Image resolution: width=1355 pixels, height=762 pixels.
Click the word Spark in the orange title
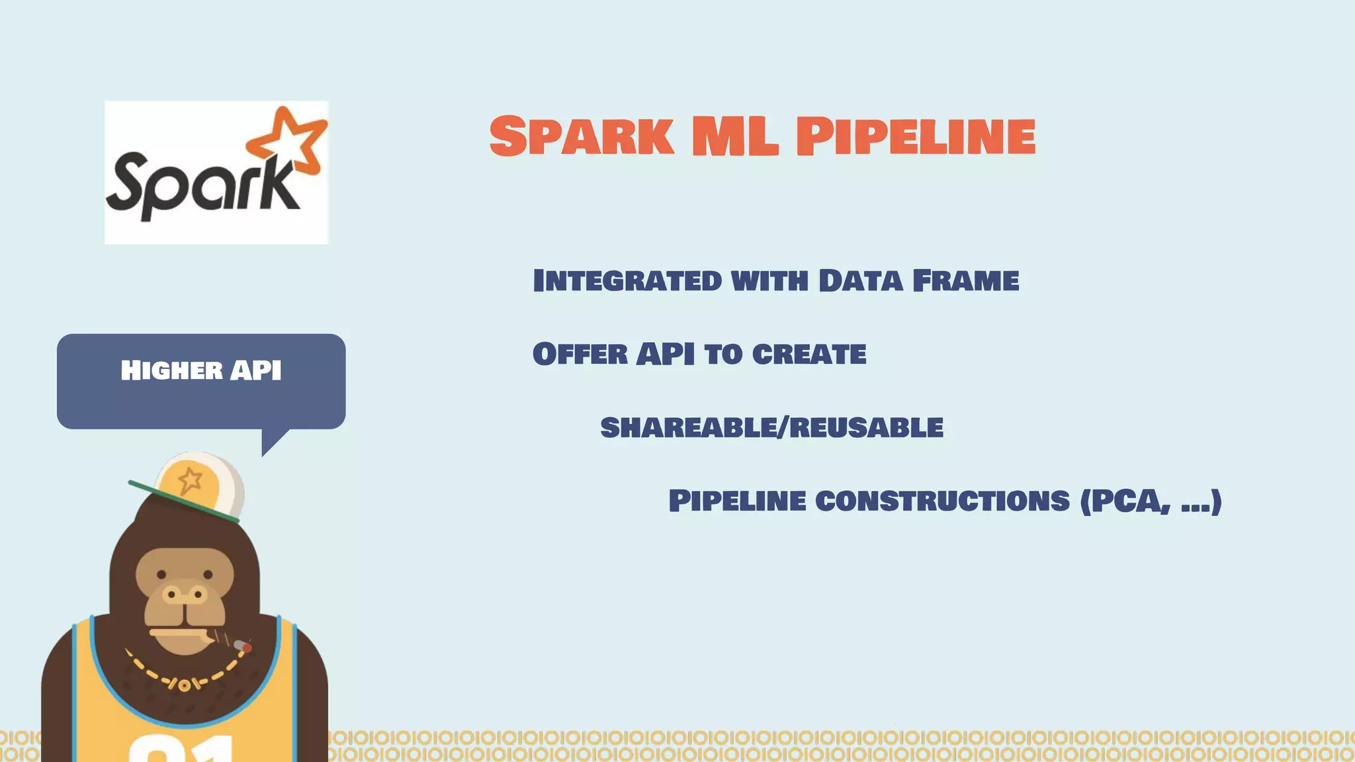582,136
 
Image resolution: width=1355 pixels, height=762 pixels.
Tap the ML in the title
734,136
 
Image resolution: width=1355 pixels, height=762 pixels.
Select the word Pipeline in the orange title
916,136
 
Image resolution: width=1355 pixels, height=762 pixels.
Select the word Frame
965,280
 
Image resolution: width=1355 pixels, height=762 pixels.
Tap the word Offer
580,354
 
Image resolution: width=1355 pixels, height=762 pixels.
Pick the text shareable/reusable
771,427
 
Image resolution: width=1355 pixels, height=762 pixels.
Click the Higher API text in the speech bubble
201,370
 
